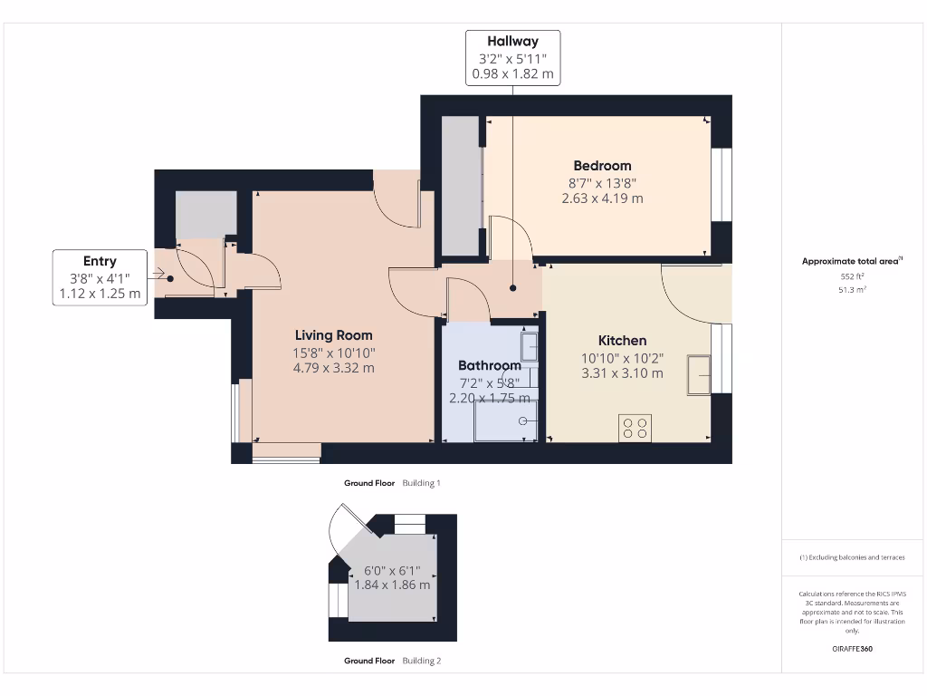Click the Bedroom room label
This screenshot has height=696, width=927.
click(x=602, y=166)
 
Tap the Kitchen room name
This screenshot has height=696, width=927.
click(x=623, y=341)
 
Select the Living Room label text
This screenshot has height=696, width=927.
click(x=333, y=335)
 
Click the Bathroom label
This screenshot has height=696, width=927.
click(x=489, y=366)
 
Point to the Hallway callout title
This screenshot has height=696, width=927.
click(x=512, y=41)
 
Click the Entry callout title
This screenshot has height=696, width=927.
click(x=100, y=261)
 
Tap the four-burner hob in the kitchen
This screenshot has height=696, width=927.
click(x=635, y=428)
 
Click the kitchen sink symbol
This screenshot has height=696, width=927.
click(x=699, y=375)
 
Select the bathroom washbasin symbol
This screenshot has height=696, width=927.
click(x=529, y=345)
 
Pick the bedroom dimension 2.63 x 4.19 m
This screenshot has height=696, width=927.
click(x=602, y=198)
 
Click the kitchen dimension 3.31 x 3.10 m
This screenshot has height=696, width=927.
click(x=623, y=373)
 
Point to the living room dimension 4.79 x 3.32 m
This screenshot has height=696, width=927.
click(x=333, y=368)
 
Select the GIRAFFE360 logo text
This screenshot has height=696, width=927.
click(x=851, y=649)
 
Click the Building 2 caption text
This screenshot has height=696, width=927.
click(x=421, y=662)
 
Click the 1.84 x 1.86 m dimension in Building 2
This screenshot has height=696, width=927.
click(x=392, y=585)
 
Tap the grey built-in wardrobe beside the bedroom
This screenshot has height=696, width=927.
click(x=461, y=185)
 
